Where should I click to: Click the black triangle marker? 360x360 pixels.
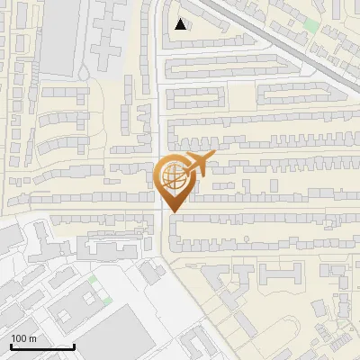click(x=181, y=24)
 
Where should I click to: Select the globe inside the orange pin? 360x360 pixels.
click(x=173, y=179)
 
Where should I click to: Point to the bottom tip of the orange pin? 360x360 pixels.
click(x=174, y=212)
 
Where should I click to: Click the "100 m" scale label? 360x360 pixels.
click(x=24, y=338)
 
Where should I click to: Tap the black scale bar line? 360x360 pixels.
click(x=42, y=346)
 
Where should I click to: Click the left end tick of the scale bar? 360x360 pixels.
click(x=11, y=345)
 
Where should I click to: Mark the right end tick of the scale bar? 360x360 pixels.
click(x=74, y=345)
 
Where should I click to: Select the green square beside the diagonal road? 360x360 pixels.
click(x=311, y=24)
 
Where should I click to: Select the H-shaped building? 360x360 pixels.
click(x=281, y=274)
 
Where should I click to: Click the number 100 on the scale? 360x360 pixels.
click(x=19, y=338)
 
